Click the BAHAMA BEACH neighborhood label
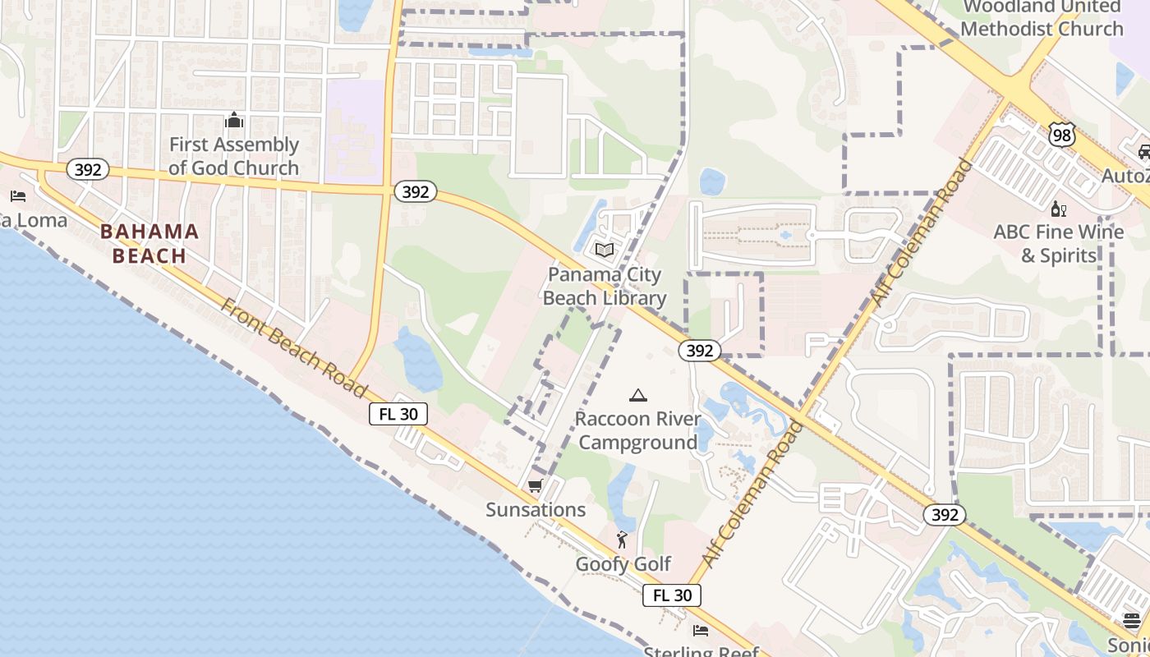tap(149, 243)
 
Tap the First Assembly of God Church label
tap(233, 156)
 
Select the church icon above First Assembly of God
tap(234, 121)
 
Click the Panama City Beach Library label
tap(605, 286)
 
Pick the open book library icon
tap(605, 249)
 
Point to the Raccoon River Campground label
tap(637, 430)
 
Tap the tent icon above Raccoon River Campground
tap(637, 396)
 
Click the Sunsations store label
tap(536, 509)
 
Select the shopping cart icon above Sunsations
tap(536, 486)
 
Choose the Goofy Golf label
tap(623, 563)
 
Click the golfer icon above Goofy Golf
tap(622, 540)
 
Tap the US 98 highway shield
tap(1062, 136)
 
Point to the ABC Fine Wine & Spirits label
tap(1058, 243)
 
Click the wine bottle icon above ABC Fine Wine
tap(1058, 209)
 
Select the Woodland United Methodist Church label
tap(1042, 18)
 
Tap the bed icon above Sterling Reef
tap(700, 631)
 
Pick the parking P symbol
tap(816, 344)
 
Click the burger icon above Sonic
tap(1132, 620)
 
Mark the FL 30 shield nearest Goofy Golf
tap(671, 595)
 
